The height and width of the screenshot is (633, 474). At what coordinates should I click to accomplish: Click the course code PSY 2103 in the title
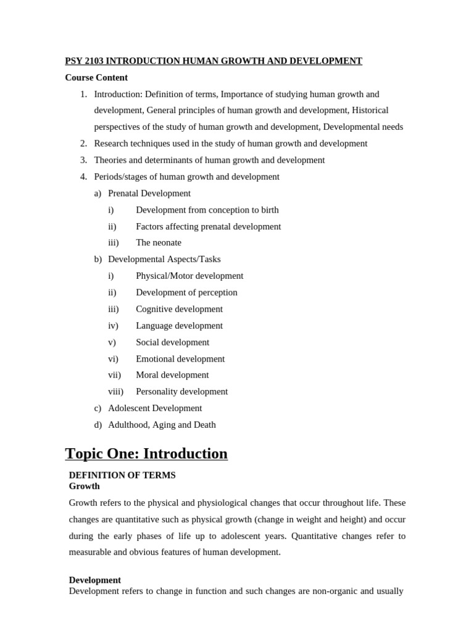[x=85, y=61]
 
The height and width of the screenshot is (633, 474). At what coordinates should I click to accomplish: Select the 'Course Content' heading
[x=96, y=77]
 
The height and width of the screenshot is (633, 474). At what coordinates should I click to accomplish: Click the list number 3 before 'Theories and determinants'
[x=83, y=160]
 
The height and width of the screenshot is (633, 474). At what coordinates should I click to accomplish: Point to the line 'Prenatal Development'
[x=149, y=193]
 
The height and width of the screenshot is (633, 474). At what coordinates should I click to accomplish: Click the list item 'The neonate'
[x=159, y=243]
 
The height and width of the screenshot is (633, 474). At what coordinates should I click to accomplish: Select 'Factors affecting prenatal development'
[x=208, y=226]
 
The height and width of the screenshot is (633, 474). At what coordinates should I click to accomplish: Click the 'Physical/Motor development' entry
[x=189, y=276]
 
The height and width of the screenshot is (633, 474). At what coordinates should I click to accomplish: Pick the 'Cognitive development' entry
[x=179, y=309]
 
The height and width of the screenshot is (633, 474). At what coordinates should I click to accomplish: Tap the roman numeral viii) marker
[x=115, y=391]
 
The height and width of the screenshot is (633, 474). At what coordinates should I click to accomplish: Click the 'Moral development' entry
[x=172, y=375]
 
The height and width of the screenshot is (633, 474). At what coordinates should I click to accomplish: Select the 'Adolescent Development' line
[x=155, y=408]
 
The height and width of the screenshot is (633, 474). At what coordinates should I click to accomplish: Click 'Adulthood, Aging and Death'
[x=162, y=425]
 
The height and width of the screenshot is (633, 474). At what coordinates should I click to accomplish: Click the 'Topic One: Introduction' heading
[x=146, y=454]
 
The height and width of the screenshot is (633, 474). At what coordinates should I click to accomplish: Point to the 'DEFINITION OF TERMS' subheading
[x=122, y=475]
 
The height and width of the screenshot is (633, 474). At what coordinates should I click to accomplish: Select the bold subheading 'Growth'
[x=85, y=486]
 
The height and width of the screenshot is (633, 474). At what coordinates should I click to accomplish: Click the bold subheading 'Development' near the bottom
[x=95, y=580]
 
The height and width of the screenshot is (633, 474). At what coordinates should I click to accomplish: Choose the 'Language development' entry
[x=179, y=326]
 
